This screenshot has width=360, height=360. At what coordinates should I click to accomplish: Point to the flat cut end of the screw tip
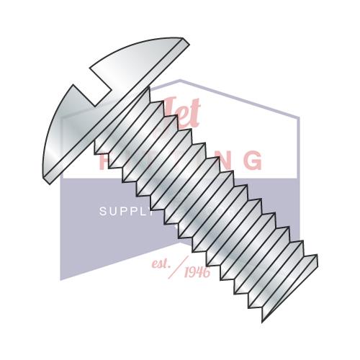288,295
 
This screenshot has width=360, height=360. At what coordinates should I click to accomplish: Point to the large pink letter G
251,160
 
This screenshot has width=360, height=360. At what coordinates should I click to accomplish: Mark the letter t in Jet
194,112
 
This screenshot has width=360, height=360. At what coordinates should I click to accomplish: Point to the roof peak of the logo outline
179,81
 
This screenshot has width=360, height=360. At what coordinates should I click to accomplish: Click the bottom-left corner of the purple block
60,279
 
